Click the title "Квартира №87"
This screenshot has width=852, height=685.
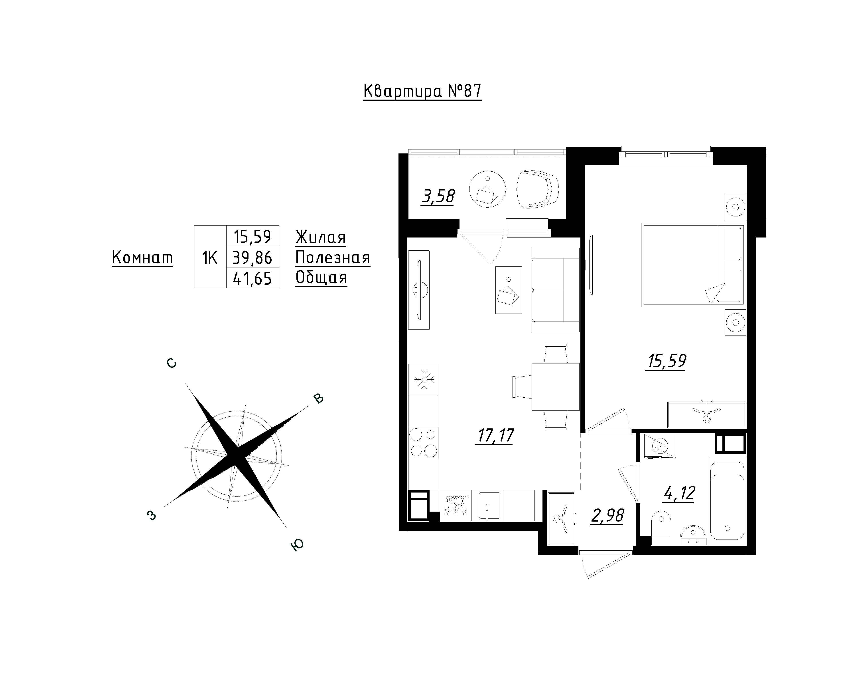coord(422,91)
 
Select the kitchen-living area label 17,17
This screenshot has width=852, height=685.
coord(495,436)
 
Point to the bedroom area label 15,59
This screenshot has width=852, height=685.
coord(666,361)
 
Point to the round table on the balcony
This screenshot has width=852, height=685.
coord(487,188)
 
